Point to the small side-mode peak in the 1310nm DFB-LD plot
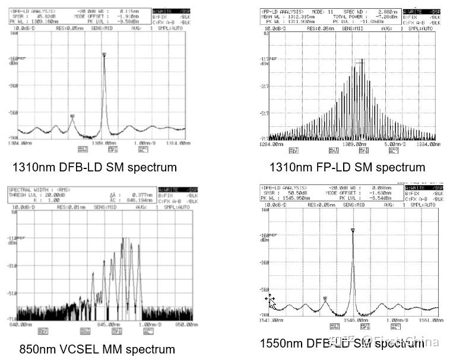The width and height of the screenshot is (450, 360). [x=72, y=117]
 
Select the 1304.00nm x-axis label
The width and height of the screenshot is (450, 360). [x=21, y=143]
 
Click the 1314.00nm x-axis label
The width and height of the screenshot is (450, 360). [x=177, y=143]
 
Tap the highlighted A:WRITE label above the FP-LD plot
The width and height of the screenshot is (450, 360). [x=416, y=11]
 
